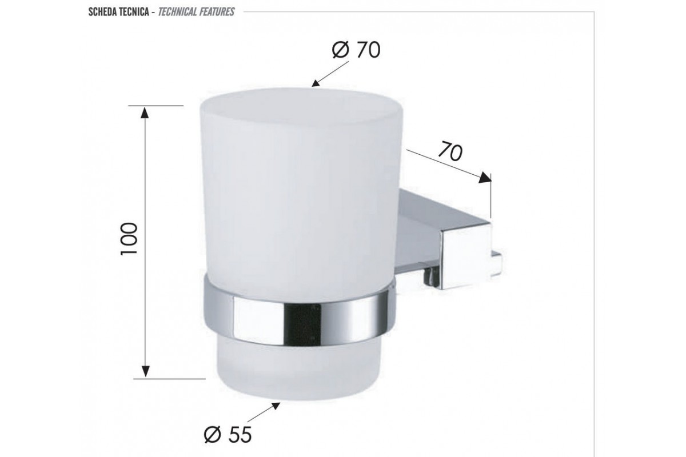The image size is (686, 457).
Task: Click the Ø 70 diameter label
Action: pyautogui.click(x=356, y=50)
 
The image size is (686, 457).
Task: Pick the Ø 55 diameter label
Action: pyautogui.click(x=228, y=435)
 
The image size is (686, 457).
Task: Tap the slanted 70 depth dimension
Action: pyautogui.click(x=450, y=152)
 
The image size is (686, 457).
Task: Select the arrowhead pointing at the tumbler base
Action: pyautogui.click(x=276, y=406)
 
